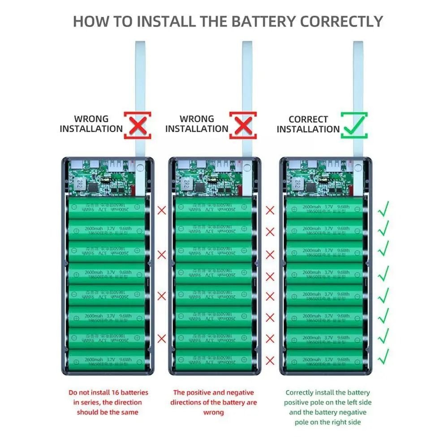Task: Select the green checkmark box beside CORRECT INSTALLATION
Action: click(x=354, y=125)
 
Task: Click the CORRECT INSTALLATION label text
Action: click(x=308, y=125)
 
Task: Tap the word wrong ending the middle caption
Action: click(x=213, y=412)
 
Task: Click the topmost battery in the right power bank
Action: click(x=324, y=208)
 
